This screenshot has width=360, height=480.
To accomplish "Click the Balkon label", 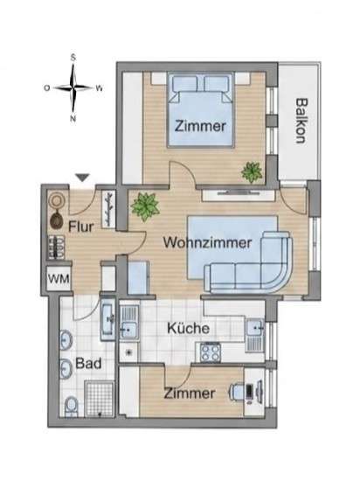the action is tap(301, 121).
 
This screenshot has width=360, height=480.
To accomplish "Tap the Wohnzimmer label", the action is tap(207, 243).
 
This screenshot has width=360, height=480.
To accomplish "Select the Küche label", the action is tap(189, 328).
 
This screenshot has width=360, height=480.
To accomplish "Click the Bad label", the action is tap(88, 364).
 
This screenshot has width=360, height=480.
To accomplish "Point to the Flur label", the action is tap(81, 226).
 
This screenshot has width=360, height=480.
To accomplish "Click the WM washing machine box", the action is tap(59, 279).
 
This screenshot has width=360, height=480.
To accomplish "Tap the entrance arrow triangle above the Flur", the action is tap(82, 177).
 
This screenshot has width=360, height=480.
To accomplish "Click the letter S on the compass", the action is tap(73, 58).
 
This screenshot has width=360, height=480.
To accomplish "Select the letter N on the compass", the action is tap(73, 119).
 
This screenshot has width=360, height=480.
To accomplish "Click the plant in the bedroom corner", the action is tap(252, 172).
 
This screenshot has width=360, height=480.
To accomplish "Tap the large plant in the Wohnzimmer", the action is tap(145, 206).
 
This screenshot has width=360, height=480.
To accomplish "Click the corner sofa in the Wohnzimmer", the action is tap(249, 263).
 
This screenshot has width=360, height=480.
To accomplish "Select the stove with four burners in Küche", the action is tap(211, 352).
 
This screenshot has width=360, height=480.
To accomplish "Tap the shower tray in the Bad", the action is tap(99, 399).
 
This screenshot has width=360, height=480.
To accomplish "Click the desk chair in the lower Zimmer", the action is tap(236, 392).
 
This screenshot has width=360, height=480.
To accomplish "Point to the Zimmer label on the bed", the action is tap(200, 127).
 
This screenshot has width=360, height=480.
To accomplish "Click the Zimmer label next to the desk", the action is tap(190, 393).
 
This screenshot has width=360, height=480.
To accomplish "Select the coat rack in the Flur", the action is tap(107, 209).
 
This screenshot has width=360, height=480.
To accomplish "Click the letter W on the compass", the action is tap(99, 89).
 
